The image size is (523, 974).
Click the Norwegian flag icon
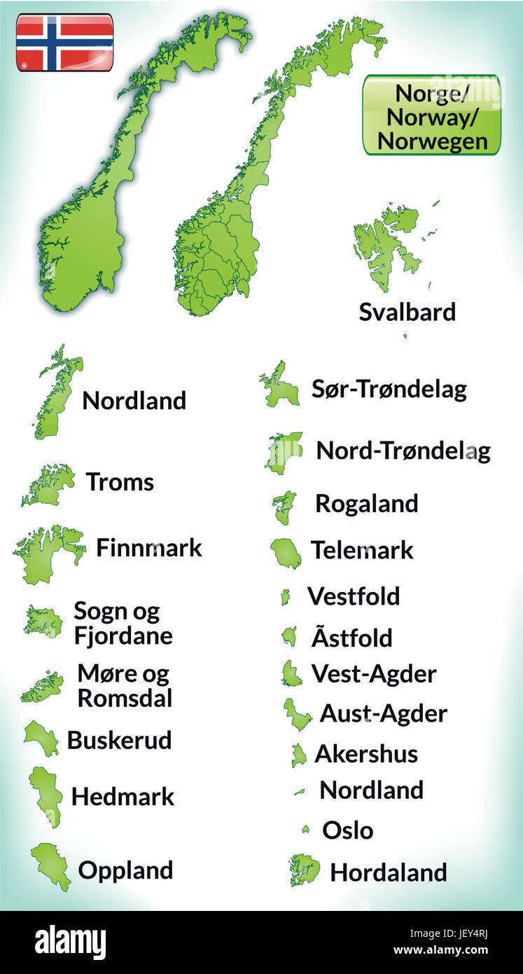[x=64, y=42]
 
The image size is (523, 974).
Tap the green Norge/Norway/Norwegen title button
[x=431, y=115]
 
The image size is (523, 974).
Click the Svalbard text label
[x=407, y=312]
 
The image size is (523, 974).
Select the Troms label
[x=120, y=482]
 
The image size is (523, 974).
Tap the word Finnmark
[x=148, y=547]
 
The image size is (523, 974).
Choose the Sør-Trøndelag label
[x=389, y=389]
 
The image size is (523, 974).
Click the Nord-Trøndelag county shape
[x=282, y=452]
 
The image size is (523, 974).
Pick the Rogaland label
[x=366, y=503]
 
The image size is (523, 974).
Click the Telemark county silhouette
[x=287, y=553]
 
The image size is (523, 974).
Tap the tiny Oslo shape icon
[x=305, y=830]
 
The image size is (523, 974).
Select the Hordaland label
[x=388, y=872]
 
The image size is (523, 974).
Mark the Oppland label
[x=125, y=870]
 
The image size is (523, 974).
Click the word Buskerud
[x=119, y=740]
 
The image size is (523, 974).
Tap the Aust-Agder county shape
[x=297, y=713]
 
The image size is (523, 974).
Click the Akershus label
[x=365, y=754]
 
